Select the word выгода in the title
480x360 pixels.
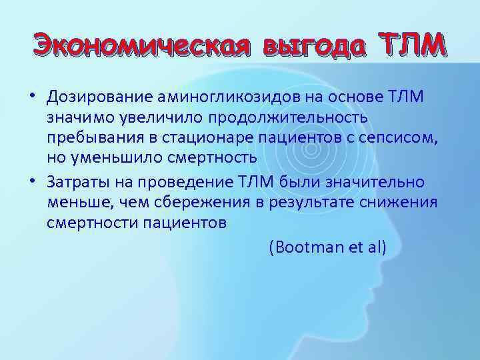pyautogui.click(x=313, y=45)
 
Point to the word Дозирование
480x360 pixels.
pyautogui.click(x=99, y=99)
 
